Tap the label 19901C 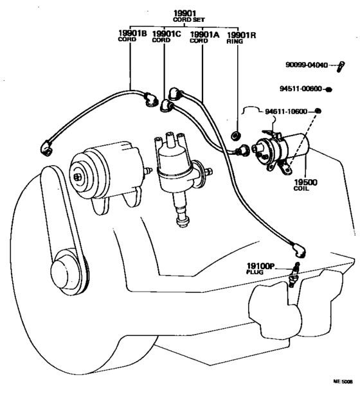165,33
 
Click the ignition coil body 292,146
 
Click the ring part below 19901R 235,136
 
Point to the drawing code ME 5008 342,381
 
